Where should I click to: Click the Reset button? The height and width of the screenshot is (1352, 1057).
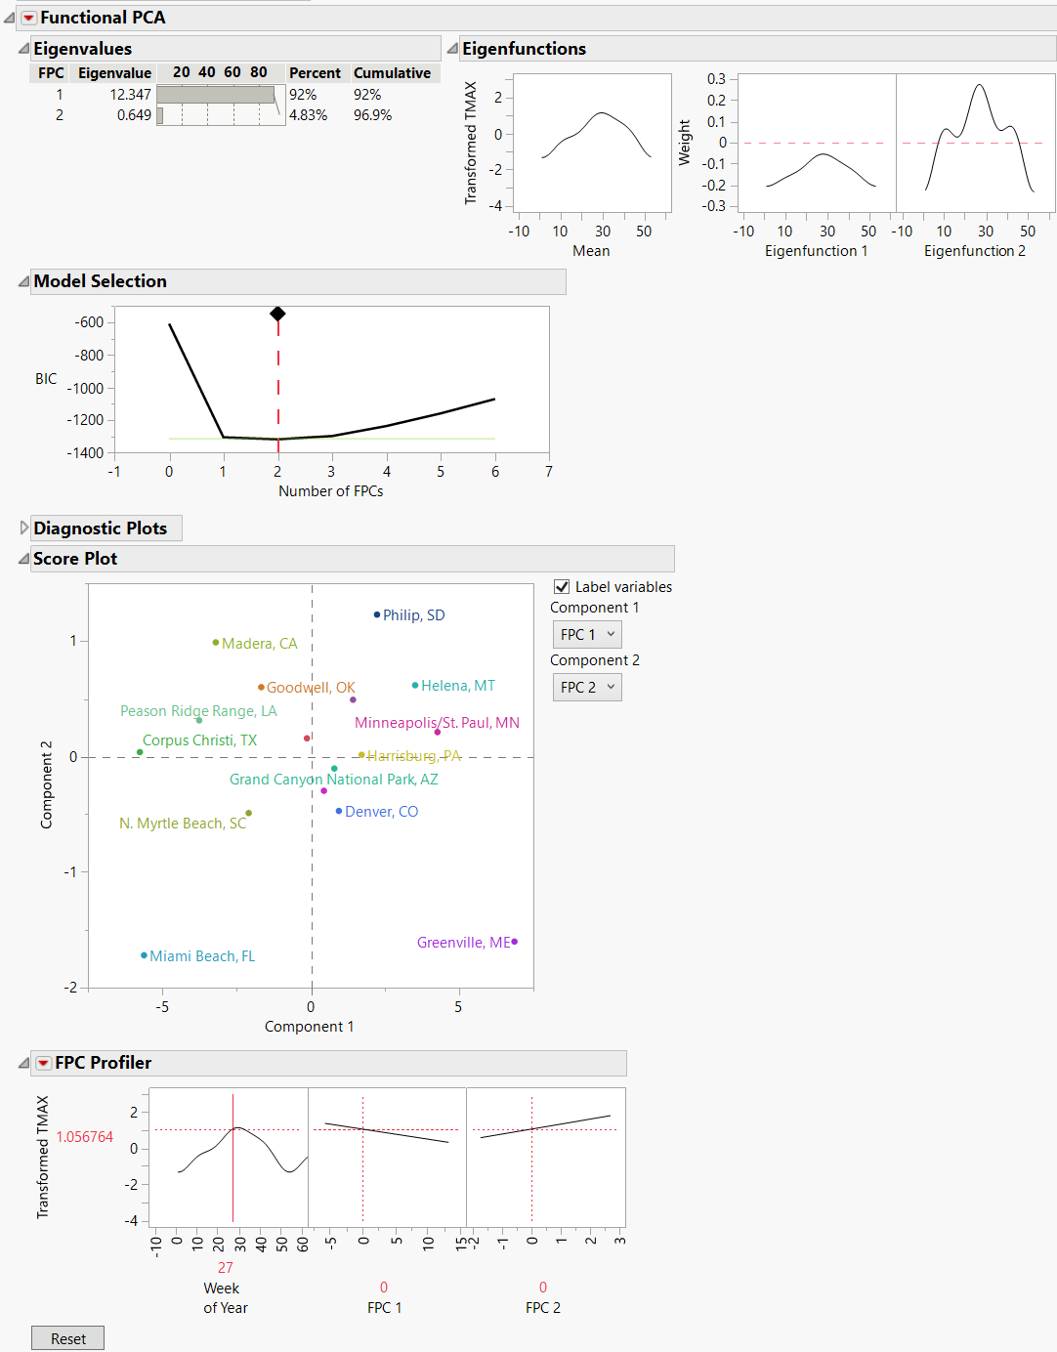[x=67, y=1338]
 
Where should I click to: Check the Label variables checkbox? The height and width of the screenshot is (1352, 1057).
[x=562, y=587]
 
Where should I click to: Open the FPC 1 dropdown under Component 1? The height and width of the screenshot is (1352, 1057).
[x=586, y=634]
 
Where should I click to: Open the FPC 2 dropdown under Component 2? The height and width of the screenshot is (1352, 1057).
[x=586, y=687]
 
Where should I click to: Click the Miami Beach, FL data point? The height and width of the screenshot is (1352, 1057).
[x=144, y=955]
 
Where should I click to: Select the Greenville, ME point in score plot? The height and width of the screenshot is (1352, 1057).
[x=515, y=942]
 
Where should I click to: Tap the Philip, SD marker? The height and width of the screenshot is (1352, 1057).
[x=377, y=614]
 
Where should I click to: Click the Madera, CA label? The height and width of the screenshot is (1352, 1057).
[x=259, y=644]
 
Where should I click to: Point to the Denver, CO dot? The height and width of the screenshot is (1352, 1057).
[x=339, y=811]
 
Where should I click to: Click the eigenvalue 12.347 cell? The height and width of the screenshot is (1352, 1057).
[x=130, y=95]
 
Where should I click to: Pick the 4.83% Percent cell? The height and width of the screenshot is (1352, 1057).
[x=308, y=115]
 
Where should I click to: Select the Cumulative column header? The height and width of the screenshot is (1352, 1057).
[x=392, y=73]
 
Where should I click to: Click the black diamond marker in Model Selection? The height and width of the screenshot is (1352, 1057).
[x=277, y=314]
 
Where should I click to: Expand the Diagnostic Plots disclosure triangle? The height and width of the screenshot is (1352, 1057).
[x=24, y=528]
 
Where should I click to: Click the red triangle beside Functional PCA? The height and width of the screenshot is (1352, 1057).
[x=29, y=18]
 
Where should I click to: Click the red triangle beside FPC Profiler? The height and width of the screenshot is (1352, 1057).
[x=43, y=1063]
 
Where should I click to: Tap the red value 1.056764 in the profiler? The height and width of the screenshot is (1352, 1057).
[x=85, y=1137]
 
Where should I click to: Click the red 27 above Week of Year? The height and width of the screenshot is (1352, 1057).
[x=226, y=1267]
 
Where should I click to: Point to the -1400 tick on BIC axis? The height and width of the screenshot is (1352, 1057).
[x=85, y=453]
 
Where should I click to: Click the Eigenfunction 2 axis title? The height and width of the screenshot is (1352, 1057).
[x=974, y=251]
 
